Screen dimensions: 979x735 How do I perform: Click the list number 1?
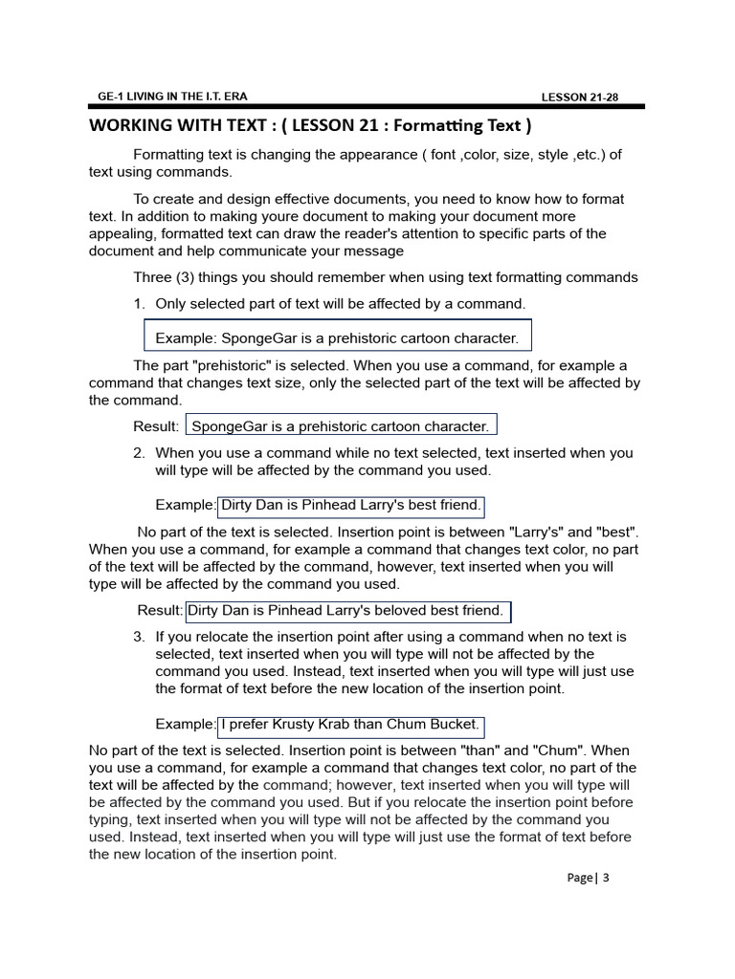coord(139,303)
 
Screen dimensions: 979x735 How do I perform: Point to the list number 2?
coord(139,453)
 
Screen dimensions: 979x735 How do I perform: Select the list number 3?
coord(139,637)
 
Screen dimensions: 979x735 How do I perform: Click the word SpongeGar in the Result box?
coord(232,426)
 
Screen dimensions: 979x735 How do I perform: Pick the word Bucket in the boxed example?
coord(454,725)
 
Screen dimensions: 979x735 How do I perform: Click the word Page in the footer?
coord(579,878)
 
